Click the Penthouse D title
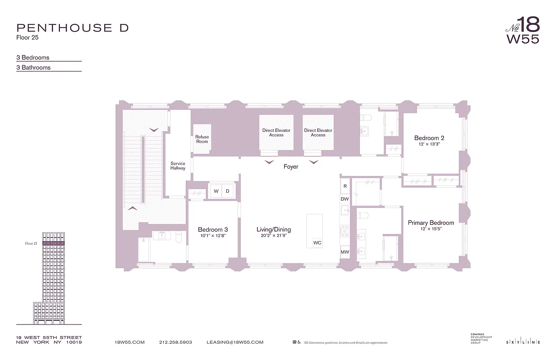pos(72,27)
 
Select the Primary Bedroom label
pos(431,223)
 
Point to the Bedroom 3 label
pos(213,229)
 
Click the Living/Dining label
pos(274,229)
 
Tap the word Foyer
pos(291,166)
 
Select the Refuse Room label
pos(202,139)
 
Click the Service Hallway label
pos(178,166)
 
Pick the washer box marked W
pos(216,191)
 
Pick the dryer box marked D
pos(228,191)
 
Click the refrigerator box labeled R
pos(345,186)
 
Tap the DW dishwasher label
pos(345,199)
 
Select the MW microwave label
pos(345,252)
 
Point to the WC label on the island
pos(317,243)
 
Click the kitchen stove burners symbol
pos(345,231)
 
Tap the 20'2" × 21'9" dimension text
pos(274,235)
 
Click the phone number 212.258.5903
pos(175,342)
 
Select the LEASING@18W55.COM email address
pos(235,342)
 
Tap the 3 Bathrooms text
pos(34,67)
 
